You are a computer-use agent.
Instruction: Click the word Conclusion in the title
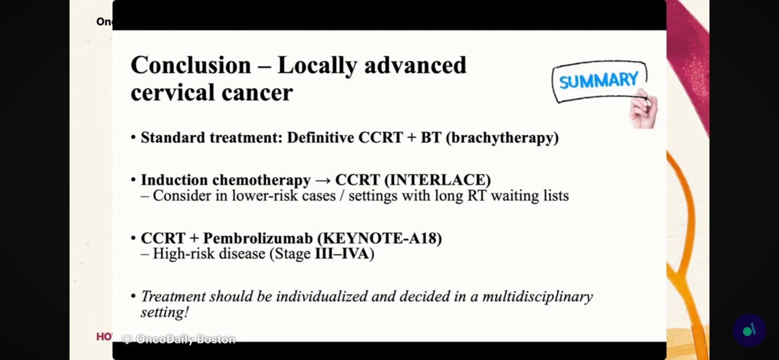pos(191,65)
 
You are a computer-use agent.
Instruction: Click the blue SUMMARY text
pos(598,80)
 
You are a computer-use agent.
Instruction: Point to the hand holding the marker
pos(644,109)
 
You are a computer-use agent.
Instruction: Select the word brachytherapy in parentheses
pos(502,138)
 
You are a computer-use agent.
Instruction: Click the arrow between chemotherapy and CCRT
pos(323,180)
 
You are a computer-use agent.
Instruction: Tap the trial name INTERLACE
pos(437,180)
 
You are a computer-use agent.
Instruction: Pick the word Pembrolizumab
pos(258,238)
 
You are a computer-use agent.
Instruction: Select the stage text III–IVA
pos(342,253)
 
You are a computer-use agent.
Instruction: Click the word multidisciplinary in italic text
pos(537,296)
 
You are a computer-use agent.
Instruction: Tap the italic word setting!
pos(165,312)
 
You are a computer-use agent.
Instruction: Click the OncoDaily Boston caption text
pos(186,339)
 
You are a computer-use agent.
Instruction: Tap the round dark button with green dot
pos(749,330)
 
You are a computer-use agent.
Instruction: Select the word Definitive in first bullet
pos(320,137)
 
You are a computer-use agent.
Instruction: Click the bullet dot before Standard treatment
pos(133,137)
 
